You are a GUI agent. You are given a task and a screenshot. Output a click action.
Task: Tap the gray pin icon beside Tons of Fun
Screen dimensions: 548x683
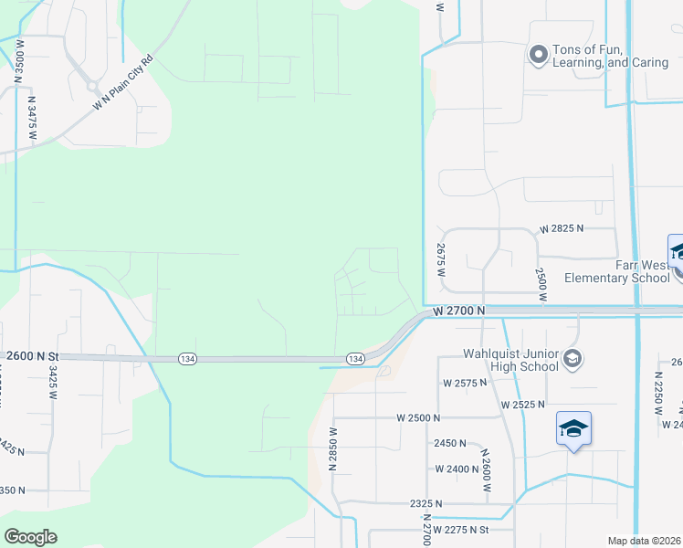pos(538,57)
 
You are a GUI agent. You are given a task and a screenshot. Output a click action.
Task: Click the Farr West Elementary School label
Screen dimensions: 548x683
pos(616,271)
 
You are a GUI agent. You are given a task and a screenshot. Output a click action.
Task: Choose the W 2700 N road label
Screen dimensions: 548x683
pos(457,311)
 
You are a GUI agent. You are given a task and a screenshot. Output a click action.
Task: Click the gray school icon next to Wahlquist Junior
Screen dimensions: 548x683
pos(572,358)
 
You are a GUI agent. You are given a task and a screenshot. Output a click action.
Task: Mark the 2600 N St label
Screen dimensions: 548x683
pos(31,356)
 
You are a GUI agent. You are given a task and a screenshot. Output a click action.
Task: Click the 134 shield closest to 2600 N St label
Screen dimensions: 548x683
pos(185,359)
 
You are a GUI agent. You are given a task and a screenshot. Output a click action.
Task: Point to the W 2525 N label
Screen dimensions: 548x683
pos(522,404)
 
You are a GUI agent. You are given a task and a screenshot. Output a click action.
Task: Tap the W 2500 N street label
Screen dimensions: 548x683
pos(418,417)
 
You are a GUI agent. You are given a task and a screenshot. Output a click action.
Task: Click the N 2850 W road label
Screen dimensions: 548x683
pos(333,448)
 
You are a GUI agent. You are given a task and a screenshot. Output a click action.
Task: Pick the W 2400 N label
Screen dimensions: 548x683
pos(457,469)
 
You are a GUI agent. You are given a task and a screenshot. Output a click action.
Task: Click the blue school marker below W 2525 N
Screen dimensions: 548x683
pos(573,428)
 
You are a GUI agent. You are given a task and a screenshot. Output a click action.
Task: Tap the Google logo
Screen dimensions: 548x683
pos(30,537)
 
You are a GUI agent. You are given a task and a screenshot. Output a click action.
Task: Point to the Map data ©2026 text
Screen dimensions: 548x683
pos(644,541)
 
